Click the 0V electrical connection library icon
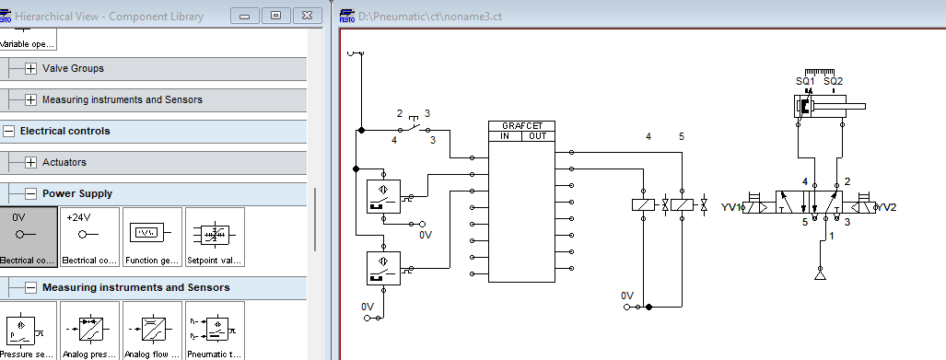[29, 237]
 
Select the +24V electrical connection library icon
[88, 237]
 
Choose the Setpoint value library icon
[214, 237]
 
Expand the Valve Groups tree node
[31, 68]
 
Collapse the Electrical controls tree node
[9, 131]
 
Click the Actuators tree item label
[64, 162]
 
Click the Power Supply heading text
[77, 193]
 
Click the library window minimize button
[244, 16]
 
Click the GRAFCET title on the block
[522, 126]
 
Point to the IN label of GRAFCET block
[505, 136]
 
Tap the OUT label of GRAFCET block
[538, 136]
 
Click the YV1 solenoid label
[731, 207]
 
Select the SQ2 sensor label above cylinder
[833, 81]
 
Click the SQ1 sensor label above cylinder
[805, 81]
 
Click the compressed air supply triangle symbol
[820, 273]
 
